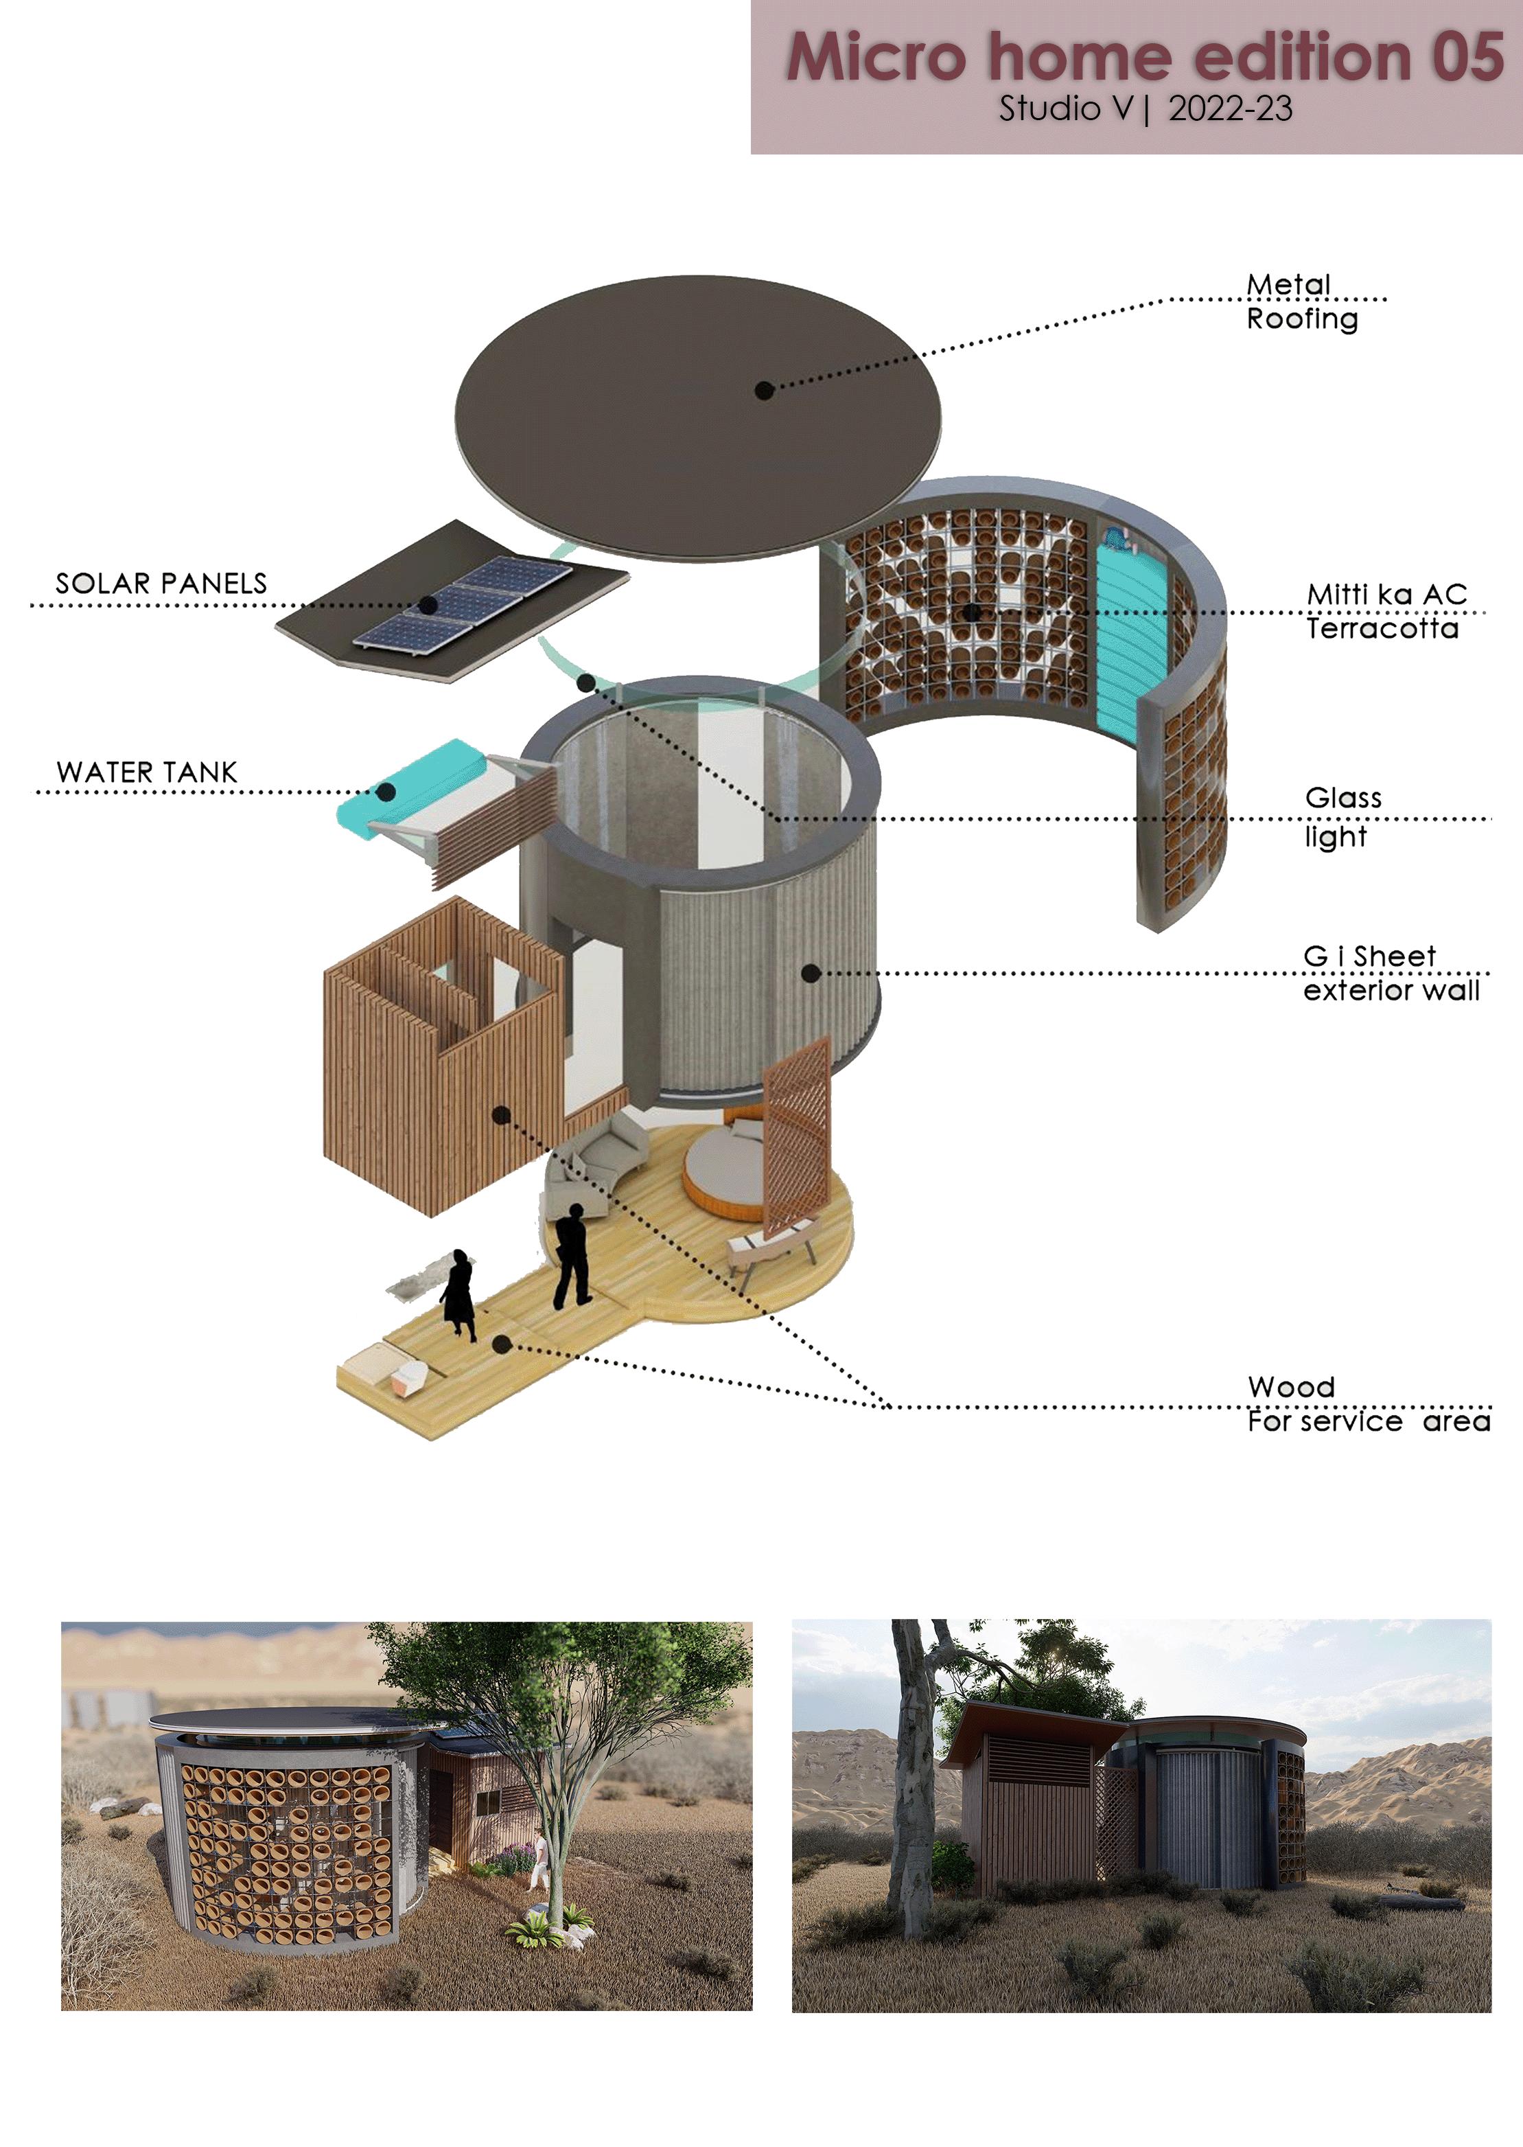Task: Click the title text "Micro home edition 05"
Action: click(1144, 56)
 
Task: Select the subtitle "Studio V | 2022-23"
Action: click(1144, 108)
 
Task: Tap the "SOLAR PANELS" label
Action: click(161, 584)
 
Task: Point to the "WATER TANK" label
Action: click(148, 772)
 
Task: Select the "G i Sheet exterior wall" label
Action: click(1390, 974)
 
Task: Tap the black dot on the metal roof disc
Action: click(765, 389)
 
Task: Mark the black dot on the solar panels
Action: click(428, 605)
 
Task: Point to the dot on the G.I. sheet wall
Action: click(812, 974)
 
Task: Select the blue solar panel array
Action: click(463, 604)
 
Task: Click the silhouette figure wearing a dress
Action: click(458, 1291)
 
